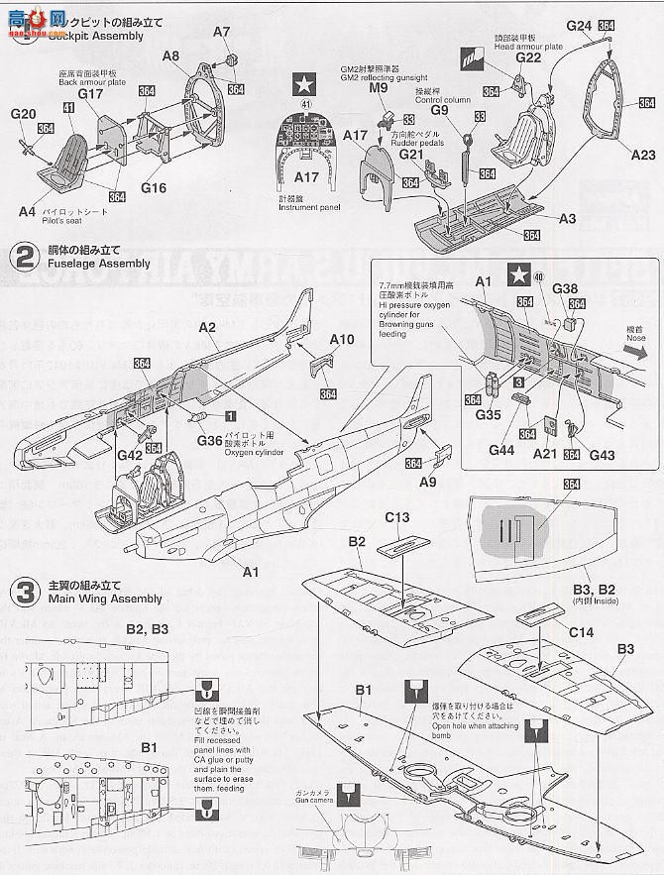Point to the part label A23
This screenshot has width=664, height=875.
643,155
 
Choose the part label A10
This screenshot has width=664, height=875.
342,339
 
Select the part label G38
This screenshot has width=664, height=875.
565,288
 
